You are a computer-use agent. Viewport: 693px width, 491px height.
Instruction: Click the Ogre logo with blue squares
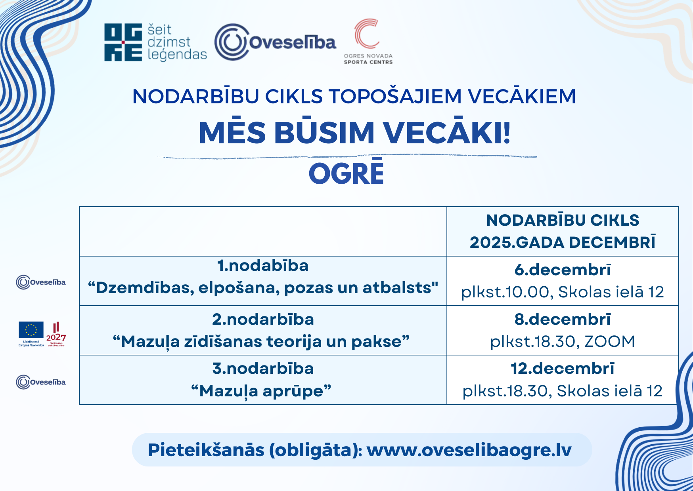pos(123,42)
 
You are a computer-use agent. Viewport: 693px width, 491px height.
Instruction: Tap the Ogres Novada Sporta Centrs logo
pos(368,41)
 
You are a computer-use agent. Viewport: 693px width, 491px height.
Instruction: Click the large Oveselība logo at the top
pos(275,42)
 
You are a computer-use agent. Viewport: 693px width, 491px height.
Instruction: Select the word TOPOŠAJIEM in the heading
pos(395,96)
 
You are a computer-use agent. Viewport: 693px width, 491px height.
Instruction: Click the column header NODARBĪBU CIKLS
pos(563,220)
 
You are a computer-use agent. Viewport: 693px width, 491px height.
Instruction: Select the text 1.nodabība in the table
pos(263,265)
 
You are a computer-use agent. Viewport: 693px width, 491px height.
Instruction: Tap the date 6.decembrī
pos(563,270)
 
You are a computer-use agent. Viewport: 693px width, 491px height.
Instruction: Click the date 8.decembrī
pos(563,319)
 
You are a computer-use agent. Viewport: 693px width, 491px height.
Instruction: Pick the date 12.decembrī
pos(563,368)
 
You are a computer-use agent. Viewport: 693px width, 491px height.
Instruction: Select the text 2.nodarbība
pos(263,319)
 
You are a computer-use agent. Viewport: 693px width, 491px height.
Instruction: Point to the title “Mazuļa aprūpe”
pos(261,391)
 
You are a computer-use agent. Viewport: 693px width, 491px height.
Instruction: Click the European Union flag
pos(31,330)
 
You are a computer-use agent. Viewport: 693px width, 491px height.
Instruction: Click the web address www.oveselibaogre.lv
pos(469,450)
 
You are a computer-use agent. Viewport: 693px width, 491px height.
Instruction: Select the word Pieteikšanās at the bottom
pos(206,450)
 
